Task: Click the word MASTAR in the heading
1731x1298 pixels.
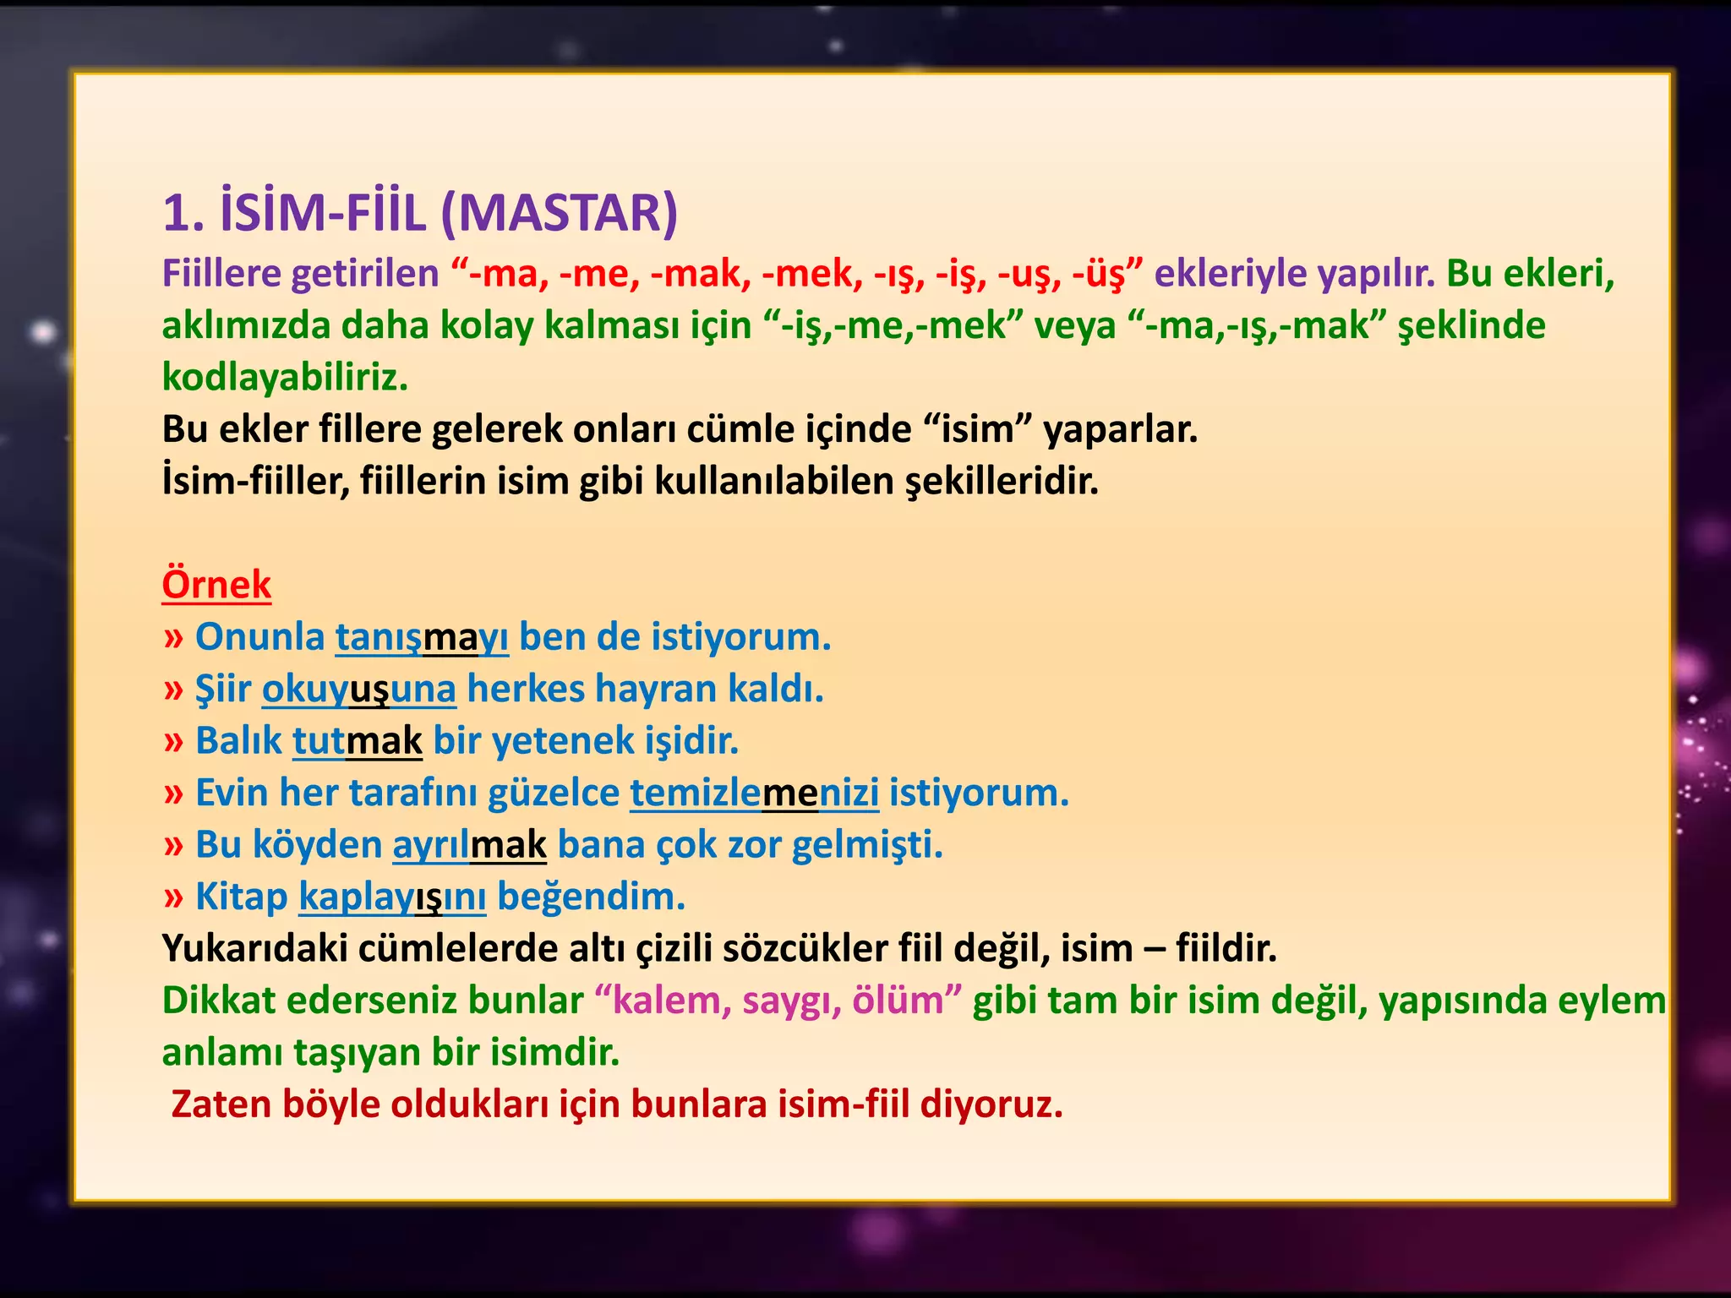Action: (x=559, y=213)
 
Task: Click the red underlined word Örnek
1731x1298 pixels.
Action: (x=216, y=585)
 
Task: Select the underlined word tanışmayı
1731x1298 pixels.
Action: (x=422, y=637)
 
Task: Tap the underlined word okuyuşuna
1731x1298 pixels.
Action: (x=358, y=689)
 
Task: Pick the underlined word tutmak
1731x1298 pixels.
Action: (x=357, y=741)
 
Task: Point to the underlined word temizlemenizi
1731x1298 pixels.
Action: (x=754, y=793)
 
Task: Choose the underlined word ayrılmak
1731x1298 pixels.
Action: (x=469, y=845)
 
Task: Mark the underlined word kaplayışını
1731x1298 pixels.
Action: (x=392, y=897)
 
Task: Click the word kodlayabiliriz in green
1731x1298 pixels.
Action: (x=285, y=377)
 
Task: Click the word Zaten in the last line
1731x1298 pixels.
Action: (x=221, y=1104)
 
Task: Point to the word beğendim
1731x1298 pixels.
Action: (x=591, y=897)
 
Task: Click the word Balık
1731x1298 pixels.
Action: (x=238, y=741)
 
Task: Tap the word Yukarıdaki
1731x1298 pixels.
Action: (x=254, y=949)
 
